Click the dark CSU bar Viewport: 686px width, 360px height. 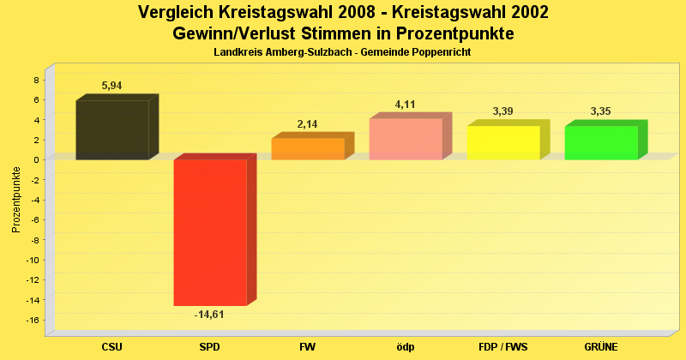(x=111, y=129)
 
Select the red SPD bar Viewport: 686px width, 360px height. (x=209, y=232)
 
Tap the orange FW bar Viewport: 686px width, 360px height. (x=307, y=148)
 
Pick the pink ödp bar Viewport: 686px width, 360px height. (x=405, y=139)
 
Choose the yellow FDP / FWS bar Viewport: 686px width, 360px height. (x=502, y=142)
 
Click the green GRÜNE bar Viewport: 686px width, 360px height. (x=600, y=142)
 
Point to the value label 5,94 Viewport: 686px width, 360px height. (x=112, y=86)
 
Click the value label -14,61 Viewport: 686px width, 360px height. (x=209, y=315)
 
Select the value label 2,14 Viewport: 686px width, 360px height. (x=308, y=124)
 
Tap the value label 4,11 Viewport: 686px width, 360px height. (x=405, y=105)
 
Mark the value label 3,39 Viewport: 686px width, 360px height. (x=502, y=111)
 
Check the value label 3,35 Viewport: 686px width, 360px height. (x=600, y=111)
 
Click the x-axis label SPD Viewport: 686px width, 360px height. (x=209, y=347)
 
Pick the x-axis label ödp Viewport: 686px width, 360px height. (x=405, y=347)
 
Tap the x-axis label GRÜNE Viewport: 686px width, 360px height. (x=600, y=347)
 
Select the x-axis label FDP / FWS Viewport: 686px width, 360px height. (x=502, y=347)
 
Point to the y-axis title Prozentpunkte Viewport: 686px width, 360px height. (x=15, y=199)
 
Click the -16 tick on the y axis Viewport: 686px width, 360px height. (x=34, y=321)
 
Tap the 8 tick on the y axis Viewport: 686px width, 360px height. (x=37, y=80)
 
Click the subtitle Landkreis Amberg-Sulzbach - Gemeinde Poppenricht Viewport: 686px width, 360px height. (x=343, y=52)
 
